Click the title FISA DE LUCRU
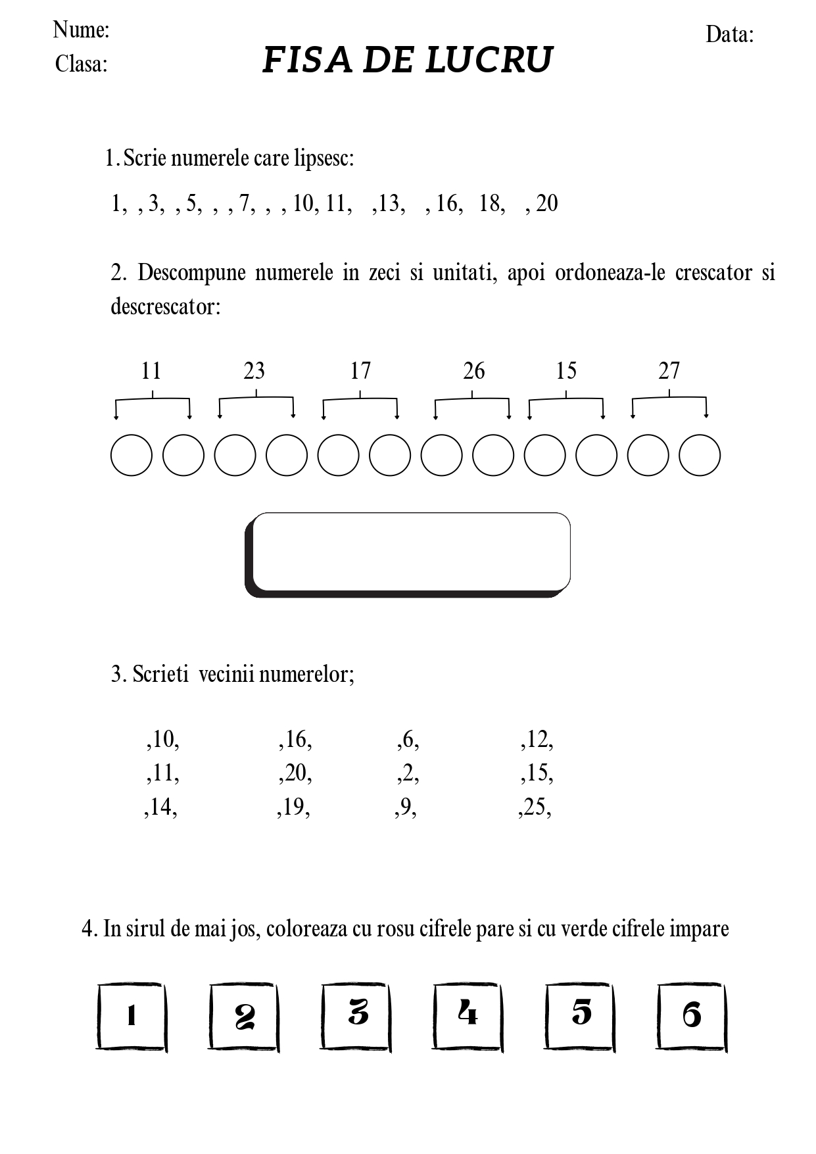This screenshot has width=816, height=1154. coord(408,60)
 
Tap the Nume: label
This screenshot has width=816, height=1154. coord(81,30)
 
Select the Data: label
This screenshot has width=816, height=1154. coord(729,34)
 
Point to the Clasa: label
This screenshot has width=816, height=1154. coord(81,64)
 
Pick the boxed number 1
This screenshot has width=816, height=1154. coord(132,1016)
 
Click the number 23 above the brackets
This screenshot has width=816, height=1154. coord(254,371)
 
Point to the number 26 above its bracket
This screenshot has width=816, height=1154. coord(473,371)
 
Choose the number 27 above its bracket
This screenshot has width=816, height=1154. coord(669,371)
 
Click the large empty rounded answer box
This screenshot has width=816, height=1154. coord(410,552)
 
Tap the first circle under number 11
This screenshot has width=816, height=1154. coord(132,455)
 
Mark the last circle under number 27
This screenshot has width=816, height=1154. coord(700,455)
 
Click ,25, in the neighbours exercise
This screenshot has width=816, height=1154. coord(535,807)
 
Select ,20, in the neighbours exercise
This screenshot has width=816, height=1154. coord(295,773)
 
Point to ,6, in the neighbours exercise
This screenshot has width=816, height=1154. coord(408,740)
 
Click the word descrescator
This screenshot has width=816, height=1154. coord(165,306)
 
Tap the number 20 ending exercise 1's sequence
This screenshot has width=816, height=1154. coord(546,203)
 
